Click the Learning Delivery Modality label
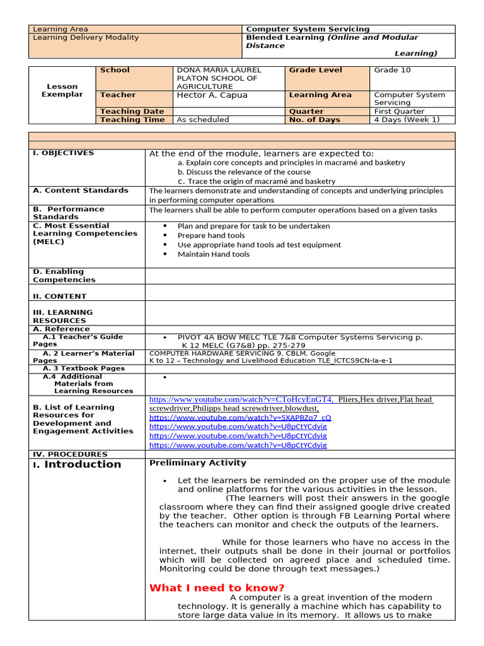click(86, 38)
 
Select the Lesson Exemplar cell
click(62, 90)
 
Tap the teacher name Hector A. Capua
click(212, 95)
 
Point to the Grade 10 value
click(392, 71)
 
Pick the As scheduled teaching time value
click(203, 120)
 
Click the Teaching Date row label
click(132, 112)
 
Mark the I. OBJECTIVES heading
click(63, 153)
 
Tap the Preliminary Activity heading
click(188, 463)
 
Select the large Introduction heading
click(83, 464)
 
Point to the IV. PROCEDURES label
click(70, 454)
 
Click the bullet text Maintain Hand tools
click(213, 255)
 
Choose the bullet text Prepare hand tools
click(211, 236)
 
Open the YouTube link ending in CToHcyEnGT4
click(241, 399)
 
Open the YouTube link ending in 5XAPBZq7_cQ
click(240, 418)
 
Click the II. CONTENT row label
click(60, 297)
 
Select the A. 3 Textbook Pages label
click(84, 368)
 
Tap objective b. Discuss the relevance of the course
click(244, 172)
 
